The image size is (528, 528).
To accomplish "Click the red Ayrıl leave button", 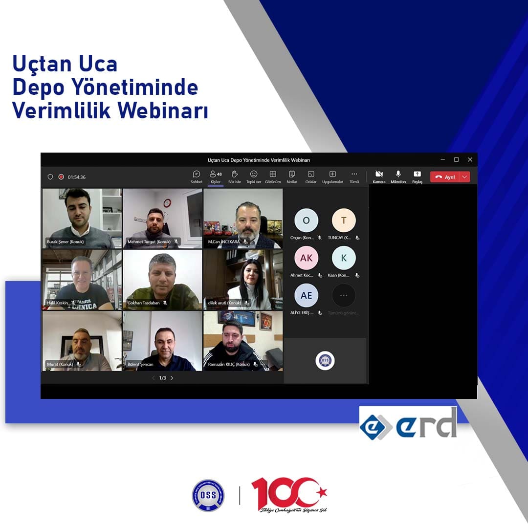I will click(445, 177).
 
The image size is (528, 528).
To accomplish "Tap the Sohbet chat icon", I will click(197, 175).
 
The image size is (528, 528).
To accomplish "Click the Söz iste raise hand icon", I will click(235, 175).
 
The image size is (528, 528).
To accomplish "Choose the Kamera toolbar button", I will click(379, 175).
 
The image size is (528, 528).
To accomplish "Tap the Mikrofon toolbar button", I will click(398, 175).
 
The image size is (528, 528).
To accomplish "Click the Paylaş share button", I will click(417, 175).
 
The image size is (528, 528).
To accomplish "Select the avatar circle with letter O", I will click(306, 220).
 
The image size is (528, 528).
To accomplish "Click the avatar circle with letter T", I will click(344, 220).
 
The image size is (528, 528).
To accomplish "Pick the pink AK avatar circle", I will click(306, 258).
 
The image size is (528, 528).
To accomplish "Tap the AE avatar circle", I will click(306, 295).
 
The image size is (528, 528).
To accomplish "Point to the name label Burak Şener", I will click(65, 242).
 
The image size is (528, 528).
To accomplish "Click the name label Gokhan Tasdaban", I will click(143, 303).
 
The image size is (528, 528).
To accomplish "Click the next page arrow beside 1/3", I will click(172, 378).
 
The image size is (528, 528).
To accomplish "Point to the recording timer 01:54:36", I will click(77, 177).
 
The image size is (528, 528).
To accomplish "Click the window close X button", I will click(470, 159).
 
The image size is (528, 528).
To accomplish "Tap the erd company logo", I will click(409, 423).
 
